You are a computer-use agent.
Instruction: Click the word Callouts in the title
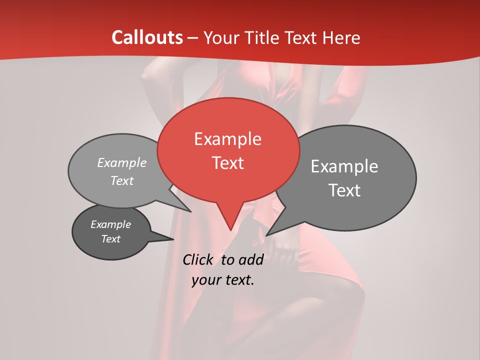147,37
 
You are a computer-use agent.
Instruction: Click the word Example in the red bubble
227,139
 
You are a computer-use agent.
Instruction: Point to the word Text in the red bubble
227,163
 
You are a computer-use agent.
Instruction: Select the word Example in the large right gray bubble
344,166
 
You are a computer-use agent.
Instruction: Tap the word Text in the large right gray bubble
344,190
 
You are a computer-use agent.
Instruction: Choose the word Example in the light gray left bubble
122,163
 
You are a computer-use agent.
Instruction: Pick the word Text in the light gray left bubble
122,181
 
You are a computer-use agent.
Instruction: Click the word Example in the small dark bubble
110,224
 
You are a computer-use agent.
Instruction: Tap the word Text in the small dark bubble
110,239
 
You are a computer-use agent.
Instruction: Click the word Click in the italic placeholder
198,259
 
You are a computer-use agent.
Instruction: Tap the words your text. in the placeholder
223,280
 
